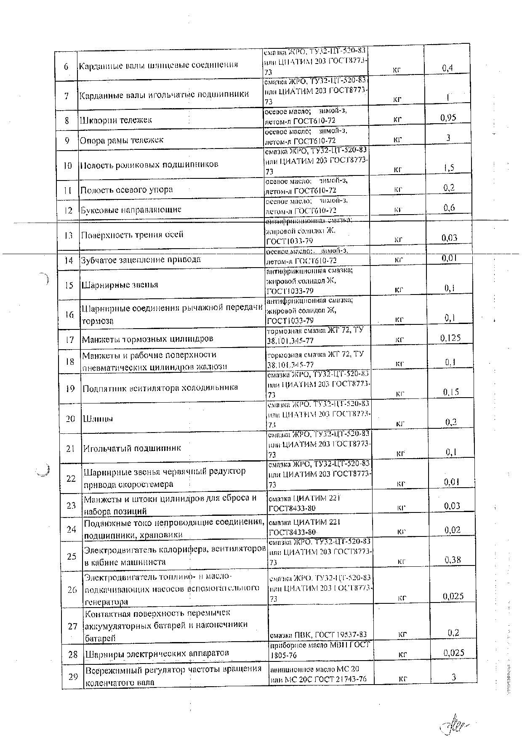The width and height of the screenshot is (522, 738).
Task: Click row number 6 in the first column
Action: click(66, 66)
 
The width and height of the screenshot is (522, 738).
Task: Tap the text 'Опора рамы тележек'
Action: click(122, 140)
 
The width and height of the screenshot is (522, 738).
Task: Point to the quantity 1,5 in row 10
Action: click(449, 168)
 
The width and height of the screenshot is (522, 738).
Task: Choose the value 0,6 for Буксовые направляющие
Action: click(449, 207)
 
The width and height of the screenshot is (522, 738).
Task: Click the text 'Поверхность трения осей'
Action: click(132, 234)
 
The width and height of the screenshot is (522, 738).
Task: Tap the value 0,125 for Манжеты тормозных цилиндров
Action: click(450, 337)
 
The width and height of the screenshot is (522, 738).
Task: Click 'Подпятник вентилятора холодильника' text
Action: click(160, 388)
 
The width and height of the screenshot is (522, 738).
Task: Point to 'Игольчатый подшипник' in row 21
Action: click(132, 448)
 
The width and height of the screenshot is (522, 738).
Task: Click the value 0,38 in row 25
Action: click(453, 560)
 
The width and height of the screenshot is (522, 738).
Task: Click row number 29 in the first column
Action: click(73, 677)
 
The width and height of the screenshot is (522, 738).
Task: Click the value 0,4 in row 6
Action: click(447, 68)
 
